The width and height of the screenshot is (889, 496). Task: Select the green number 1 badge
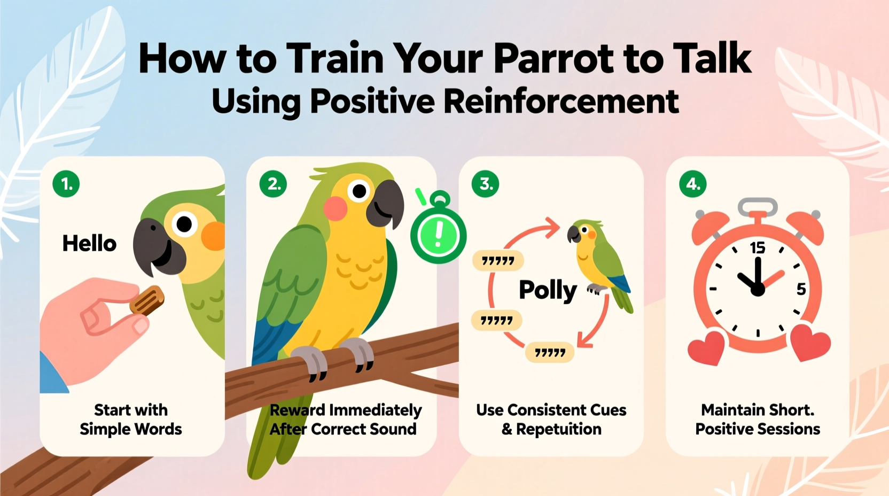(66, 184)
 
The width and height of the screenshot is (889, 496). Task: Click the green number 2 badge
(273, 184)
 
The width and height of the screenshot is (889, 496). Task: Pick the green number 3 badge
(485, 184)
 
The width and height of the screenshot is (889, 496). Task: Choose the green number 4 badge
(692, 184)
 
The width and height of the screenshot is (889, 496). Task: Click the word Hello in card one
(89, 244)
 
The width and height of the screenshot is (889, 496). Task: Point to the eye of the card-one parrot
(184, 224)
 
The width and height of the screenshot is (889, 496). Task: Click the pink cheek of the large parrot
(336, 208)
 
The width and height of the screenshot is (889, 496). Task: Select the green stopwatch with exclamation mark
(439, 234)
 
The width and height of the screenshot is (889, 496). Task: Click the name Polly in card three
(548, 290)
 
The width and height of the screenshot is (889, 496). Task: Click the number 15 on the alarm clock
(757, 247)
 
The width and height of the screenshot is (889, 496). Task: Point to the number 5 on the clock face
(801, 289)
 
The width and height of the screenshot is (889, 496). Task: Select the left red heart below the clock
(706, 346)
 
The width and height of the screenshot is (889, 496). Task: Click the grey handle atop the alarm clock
(758, 205)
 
